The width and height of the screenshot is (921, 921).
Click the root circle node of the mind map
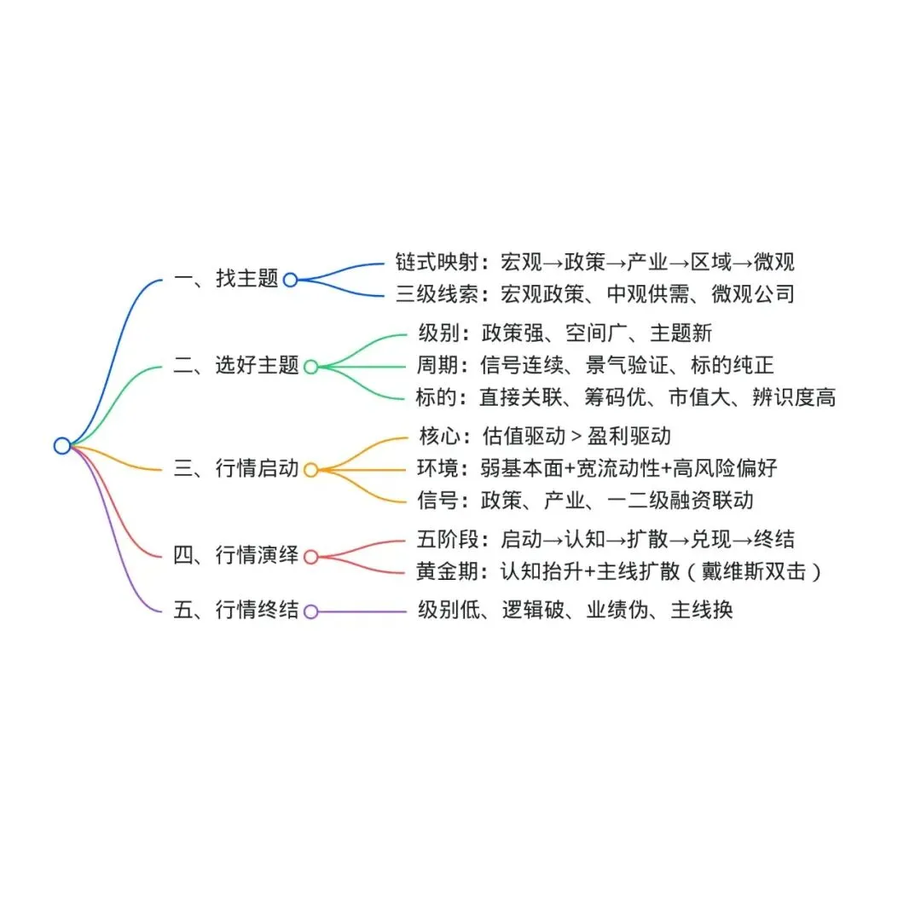(61, 445)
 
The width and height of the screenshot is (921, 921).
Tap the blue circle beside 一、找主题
(290, 280)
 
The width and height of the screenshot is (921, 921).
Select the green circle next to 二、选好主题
(310, 367)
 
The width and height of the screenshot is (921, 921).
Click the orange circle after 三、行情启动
(310, 469)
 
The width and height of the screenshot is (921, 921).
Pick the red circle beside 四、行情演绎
(310, 557)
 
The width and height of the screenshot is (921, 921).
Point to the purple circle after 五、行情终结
(310, 611)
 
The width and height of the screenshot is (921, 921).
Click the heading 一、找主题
(226, 279)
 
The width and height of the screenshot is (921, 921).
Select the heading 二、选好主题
(236, 366)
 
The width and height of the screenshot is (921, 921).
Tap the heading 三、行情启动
(236, 468)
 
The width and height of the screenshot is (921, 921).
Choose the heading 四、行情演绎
(236, 556)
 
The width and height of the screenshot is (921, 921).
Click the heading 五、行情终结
(236, 611)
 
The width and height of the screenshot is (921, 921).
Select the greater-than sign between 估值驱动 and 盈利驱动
(576, 437)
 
